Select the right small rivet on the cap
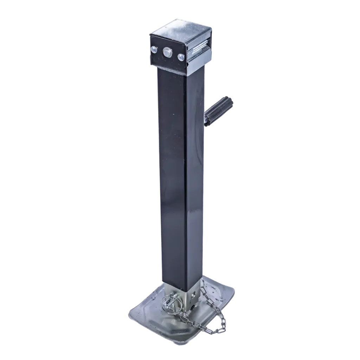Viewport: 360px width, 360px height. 181,56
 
